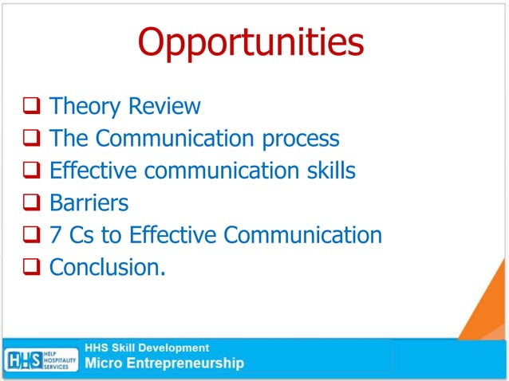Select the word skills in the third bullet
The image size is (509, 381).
point(329,171)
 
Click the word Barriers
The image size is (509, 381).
point(89,202)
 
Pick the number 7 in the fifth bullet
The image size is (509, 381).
point(55,235)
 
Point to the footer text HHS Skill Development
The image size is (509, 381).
point(148,348)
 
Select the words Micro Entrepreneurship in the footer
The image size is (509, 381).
point(164,364)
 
